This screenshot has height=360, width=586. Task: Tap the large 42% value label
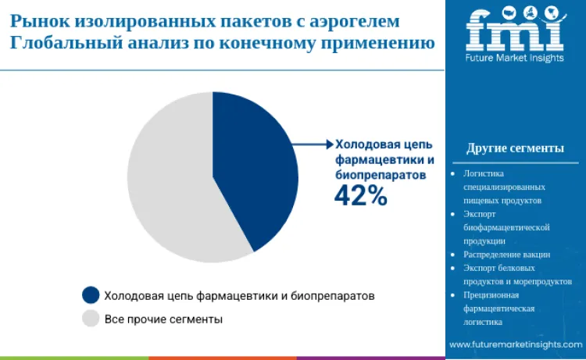coord(360,196)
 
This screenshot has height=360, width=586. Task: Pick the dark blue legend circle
coord(91,295)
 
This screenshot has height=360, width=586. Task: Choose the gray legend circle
coord(91,319)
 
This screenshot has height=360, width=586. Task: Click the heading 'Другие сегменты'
coord(515,148)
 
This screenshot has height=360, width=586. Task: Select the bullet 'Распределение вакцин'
coord(506,254)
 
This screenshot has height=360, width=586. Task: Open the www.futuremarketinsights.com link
coord(515,344)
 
